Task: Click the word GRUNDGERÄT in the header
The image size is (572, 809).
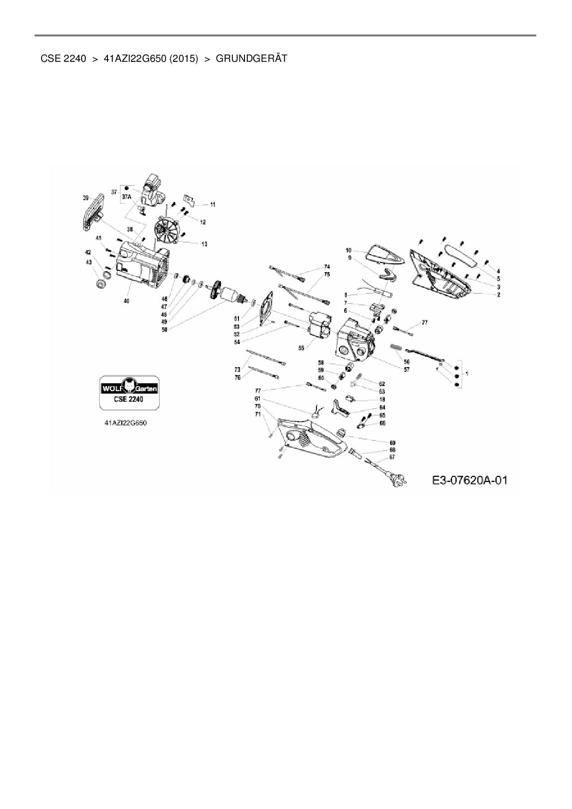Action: pyautogui.click(x=251, y=59)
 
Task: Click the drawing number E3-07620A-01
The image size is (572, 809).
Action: pyautogui.click(x=470, y=480)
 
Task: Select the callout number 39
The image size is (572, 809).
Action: pyautogui.click(x=86, y=198)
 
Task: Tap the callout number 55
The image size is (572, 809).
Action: pyautogui.click(x=301, y=348)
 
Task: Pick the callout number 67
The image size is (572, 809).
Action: pyautogui.click(x=392, y=457)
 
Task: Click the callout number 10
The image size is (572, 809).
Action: pyautogui.click(x=349, y=250)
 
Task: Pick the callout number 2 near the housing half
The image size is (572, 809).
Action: pyautogui.click(x=498, y=294)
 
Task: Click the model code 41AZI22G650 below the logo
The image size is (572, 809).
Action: pyautogui.click(x=125, y=422)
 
